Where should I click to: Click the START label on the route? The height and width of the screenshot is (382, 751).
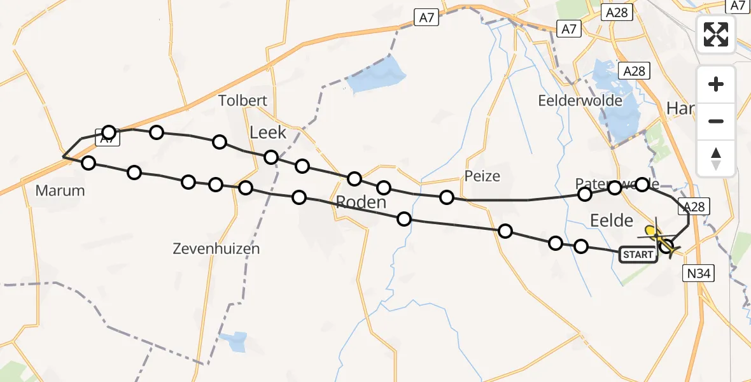[638, 255]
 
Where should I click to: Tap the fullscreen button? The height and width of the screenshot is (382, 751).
[716, 34]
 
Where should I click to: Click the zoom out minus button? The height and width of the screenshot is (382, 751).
[716, 121]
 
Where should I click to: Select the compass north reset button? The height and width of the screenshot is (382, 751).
[716, 159]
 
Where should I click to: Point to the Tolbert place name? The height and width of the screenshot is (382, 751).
[242, 101]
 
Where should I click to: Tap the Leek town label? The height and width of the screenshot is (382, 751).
[269, 132]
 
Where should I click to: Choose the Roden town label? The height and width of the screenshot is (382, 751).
[361, 202]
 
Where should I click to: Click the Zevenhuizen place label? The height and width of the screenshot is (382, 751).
[216, 249]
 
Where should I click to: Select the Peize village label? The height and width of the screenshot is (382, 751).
[482, 176]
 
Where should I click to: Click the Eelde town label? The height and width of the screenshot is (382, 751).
[612, 221]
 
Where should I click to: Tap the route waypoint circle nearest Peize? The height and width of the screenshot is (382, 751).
[447, 197]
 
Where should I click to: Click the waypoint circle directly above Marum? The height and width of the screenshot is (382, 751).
[88, 163]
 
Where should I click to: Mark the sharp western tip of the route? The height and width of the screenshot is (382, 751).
[63, 156]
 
